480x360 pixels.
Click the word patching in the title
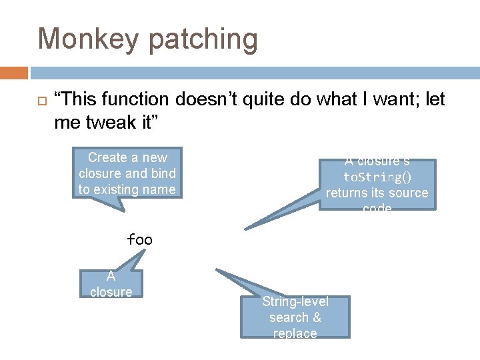(203, 40)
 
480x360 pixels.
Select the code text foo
(139, 239)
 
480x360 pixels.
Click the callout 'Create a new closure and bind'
(127, 173)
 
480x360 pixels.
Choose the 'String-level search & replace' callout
(295, 317)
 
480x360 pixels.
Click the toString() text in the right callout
(377, 177)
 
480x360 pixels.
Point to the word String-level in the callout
(295, 301)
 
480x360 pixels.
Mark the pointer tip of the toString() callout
(246, 229)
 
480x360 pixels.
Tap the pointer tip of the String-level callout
(217, 270)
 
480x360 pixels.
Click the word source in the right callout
(408, 193)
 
